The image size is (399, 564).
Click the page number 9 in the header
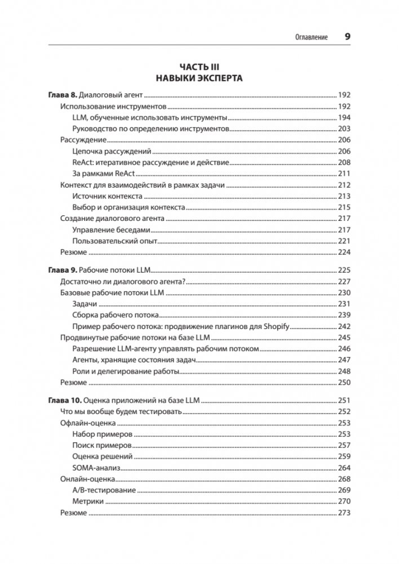click(347, 37)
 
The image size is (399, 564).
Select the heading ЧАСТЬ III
click(199, 66)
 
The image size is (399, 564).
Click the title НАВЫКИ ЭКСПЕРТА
click(199, 78)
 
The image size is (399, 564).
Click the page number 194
click(344, 118)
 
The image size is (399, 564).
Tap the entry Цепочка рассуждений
click(113, 152)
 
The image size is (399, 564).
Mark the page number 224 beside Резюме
click(344, 252)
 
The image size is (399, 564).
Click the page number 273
click(344, 513)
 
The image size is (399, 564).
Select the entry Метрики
click(88, 501)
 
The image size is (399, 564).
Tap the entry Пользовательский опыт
click(114, 241)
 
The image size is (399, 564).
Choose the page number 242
click(344, 327)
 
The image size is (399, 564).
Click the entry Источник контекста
click(108, 197)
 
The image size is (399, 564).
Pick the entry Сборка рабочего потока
click(116, 316)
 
